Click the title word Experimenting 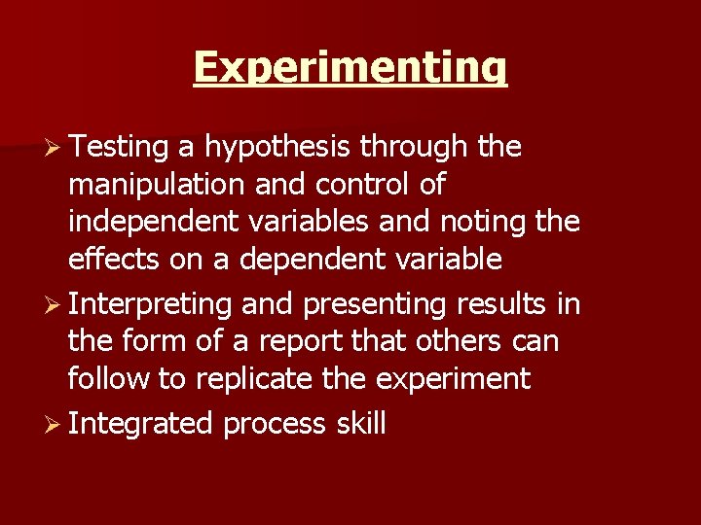click(x=350, y=68)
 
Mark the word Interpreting click(x=151, y=305)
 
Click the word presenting click(x=375, y=305)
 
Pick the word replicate click(x=257, y=379)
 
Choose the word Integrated click(x=141, y=425)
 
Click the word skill click(x=361, y=424)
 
